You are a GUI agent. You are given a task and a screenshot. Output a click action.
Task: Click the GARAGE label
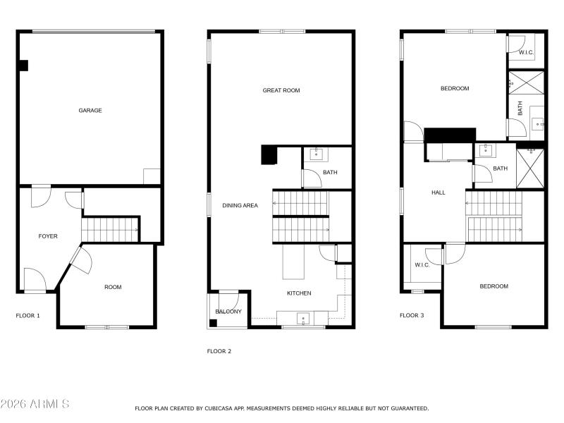click(90, 111)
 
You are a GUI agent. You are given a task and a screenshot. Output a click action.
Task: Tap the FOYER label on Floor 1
click(48, 236)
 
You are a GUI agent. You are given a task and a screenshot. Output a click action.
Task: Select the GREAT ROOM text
click(281, 90)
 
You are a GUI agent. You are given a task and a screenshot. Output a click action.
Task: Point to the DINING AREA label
click(240, 206)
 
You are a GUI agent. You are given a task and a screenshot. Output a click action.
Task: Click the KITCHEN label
click(299, 293)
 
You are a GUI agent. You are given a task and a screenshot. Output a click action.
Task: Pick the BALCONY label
click(228, 312)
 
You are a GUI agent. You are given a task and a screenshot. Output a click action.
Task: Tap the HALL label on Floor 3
click(439, 192)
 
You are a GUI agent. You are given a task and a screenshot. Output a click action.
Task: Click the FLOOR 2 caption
click(219, 351)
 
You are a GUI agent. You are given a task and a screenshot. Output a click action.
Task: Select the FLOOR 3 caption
click(412, 316)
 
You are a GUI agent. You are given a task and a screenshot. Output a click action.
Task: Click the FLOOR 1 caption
click(28, 316)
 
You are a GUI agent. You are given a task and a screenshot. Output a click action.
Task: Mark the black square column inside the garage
click(23, 66)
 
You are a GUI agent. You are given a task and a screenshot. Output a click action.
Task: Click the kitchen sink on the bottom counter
click(303, 319)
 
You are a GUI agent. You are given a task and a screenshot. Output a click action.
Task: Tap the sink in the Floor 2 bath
click(316, 154)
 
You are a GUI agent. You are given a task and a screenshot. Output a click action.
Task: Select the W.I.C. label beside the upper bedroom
click(526, 53)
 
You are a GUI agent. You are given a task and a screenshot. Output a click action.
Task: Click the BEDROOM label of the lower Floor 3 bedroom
click(493, 286)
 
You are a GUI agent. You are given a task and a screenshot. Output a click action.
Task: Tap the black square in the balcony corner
click(213, 324)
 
